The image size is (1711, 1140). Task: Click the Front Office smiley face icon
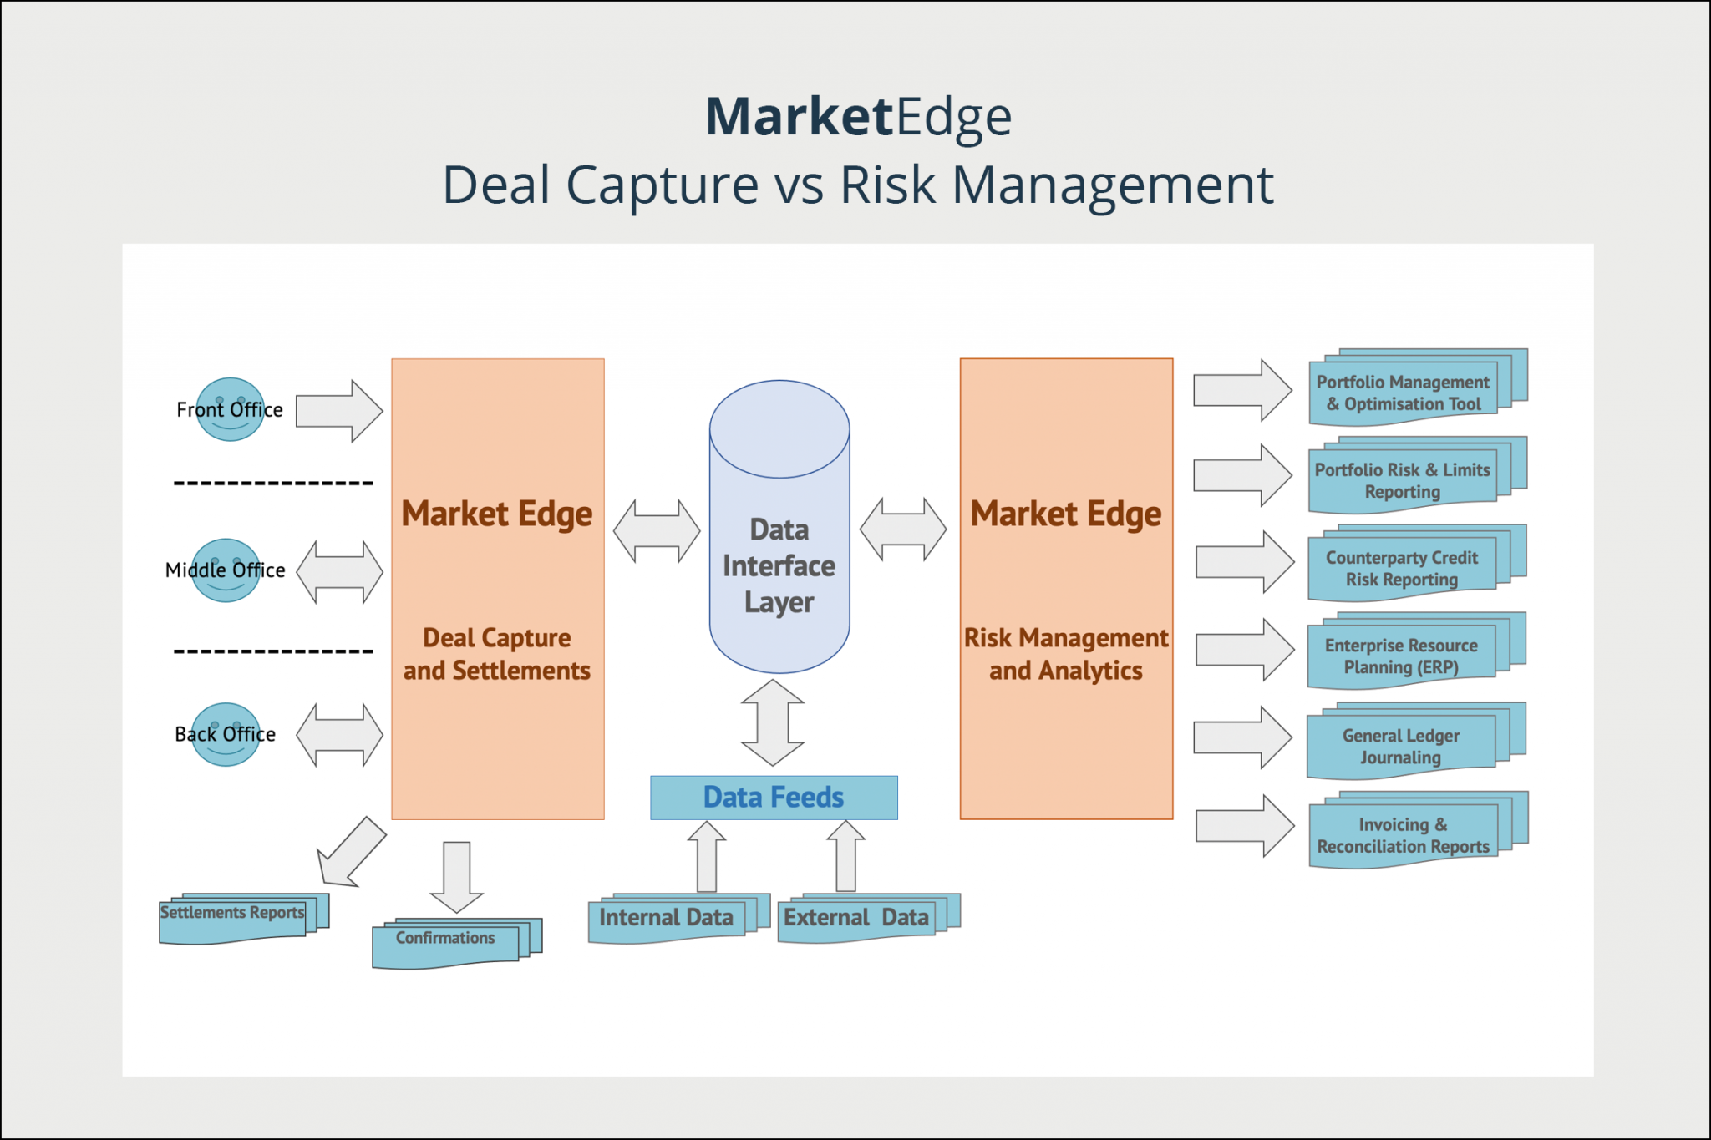(230, 409)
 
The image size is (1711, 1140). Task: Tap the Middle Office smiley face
(226, 570)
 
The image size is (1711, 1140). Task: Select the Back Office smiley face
(226, 734)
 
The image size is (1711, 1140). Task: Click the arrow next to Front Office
(339, 411)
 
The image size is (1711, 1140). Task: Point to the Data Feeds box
(774, 798)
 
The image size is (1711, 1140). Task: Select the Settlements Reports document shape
(238, 918)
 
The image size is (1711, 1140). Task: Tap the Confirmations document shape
(451, 943)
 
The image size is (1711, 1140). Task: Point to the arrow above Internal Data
(707, 856)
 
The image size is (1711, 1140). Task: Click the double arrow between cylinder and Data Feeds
(773, 722)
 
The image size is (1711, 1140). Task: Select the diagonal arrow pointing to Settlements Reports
(351, 852)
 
